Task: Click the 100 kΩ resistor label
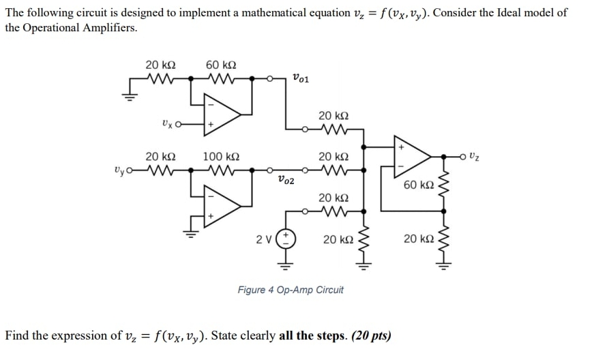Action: (220, 156)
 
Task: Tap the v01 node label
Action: (300, 78)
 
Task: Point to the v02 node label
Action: (286, 181)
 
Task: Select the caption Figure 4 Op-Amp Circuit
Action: (291, 290)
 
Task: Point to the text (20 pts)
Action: (370, 335)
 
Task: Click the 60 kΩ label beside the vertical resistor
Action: (418, 186)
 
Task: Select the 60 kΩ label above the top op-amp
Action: (221, 65)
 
